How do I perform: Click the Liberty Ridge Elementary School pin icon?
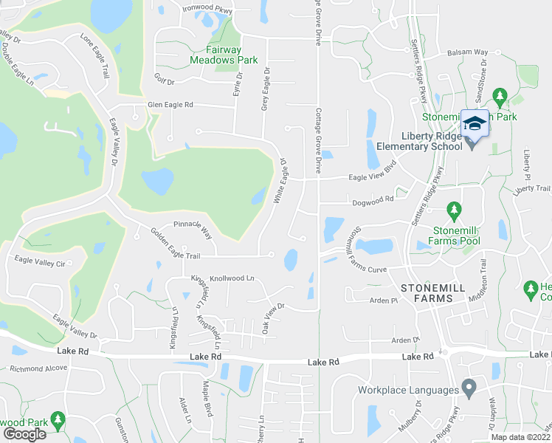click(475, 125)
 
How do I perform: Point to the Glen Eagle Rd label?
click(170, 106)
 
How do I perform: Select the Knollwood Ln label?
click(232, 279)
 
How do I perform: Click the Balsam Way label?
click(468, 53)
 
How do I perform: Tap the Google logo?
click(24, 433)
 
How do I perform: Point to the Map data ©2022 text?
click(520, 437)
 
